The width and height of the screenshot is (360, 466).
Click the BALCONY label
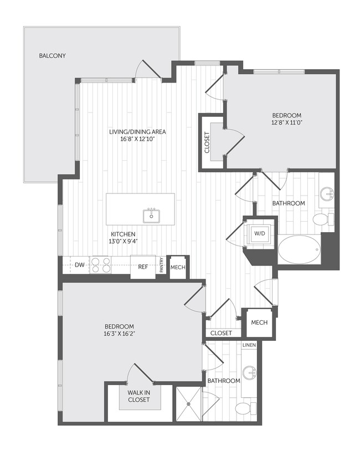53,55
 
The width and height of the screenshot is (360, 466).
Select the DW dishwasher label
80,265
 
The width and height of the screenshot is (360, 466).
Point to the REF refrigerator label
143,267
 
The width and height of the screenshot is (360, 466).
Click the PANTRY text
161,265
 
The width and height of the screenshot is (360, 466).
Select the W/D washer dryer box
260,233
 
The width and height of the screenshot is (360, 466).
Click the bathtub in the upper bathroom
299,250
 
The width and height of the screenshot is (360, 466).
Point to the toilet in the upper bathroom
322,219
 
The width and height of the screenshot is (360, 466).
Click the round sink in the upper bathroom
327,193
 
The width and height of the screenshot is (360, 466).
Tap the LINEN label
249,345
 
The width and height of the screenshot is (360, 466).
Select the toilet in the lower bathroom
244,409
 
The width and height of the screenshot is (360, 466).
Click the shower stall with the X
189,404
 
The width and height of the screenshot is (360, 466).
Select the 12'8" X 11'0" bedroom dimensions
286,124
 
